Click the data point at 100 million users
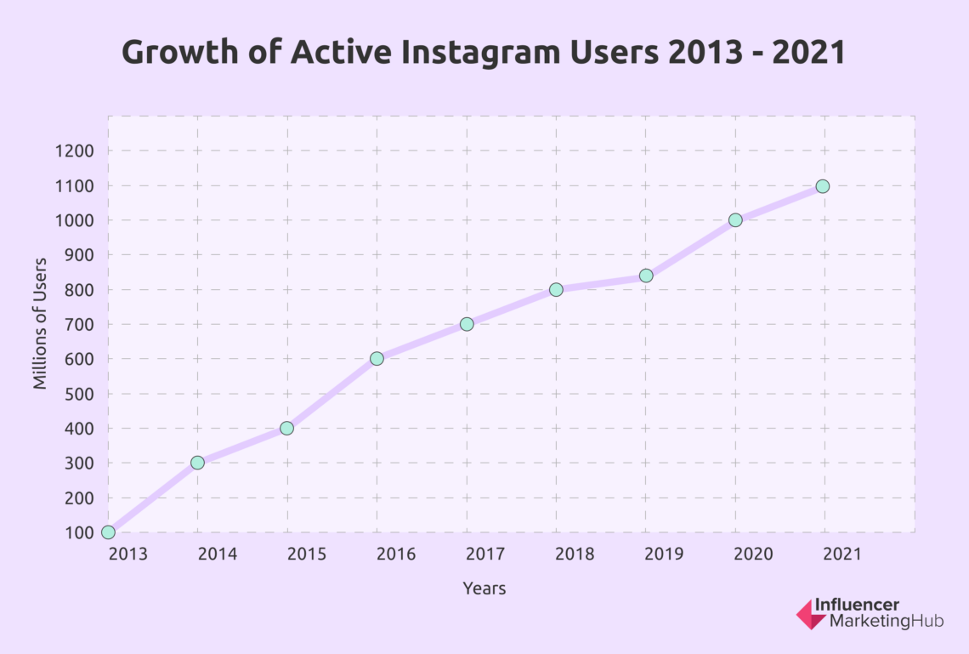[x=108, y=532]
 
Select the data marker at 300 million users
[x=197, y=463]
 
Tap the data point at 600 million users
[x=377, y=358]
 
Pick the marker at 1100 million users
[x=822, y=186]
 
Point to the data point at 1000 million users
[x=735, y=219]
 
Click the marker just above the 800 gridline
[x=646, y=276]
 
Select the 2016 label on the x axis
[x=397, y=554]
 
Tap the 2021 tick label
[x=841, y=554]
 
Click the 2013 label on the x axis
[x=127, y=554]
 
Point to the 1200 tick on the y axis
[x=76, y=151]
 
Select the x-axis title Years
[x=484, y=589]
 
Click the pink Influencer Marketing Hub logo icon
[x=811, y=614]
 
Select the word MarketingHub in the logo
[x=879, y=623]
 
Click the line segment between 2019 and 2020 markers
[x=690, y=247]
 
